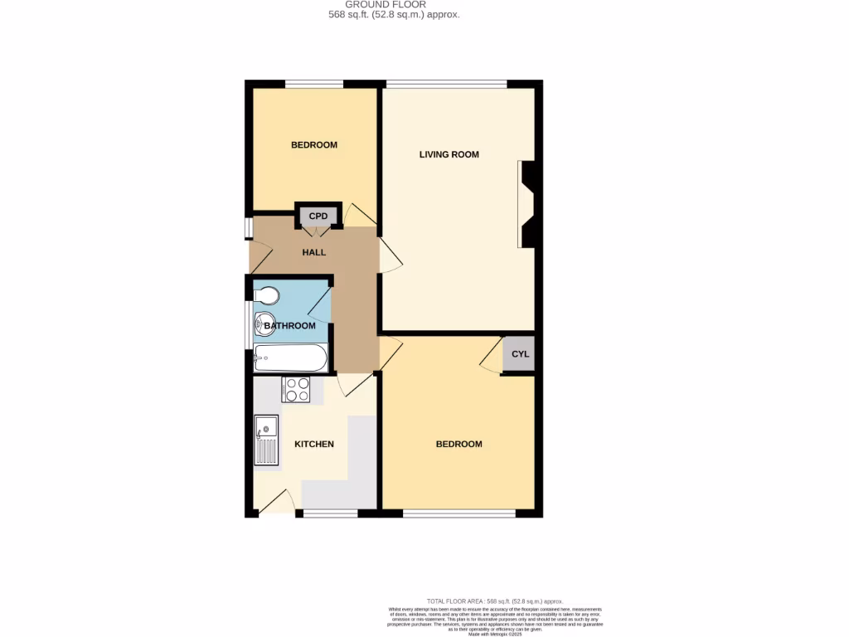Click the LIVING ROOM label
449,154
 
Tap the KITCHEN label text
314,444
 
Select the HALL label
313,252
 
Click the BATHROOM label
290,326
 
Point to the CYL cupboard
519,354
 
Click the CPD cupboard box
318,216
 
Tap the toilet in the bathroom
266,295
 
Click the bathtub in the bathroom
290,358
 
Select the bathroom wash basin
264,321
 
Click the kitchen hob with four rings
296,389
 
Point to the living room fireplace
527,204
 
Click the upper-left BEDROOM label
313,145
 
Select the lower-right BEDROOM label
458,444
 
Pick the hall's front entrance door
259,255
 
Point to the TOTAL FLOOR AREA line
494,601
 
